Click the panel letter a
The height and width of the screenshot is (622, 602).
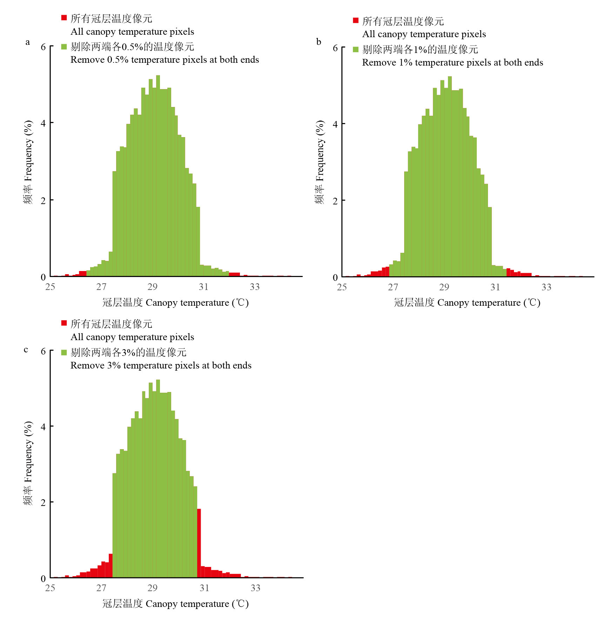point(28,42)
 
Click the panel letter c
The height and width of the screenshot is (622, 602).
point(26,350)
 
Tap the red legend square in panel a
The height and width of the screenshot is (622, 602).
point(64,18)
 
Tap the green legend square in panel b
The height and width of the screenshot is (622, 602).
point(355,49)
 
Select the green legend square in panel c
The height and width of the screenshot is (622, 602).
point(64,352)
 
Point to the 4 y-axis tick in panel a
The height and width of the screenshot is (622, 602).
point(43,123)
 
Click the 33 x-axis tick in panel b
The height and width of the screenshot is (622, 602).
point(546,287)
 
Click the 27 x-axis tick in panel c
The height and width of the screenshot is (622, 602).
point(101,588)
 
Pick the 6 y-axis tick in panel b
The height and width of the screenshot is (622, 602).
point(335,48)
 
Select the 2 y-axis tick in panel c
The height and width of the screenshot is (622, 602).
point(43,502)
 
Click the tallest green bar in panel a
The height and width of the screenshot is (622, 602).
point(158,175)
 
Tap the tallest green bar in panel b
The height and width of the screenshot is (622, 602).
point(450,175)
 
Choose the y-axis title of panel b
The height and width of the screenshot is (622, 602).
point(320,162)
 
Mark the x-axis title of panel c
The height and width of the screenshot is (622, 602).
point(175,604)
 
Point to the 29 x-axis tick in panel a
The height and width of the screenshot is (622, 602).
point(152,287)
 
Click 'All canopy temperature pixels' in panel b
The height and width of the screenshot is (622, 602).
point(424,34)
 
